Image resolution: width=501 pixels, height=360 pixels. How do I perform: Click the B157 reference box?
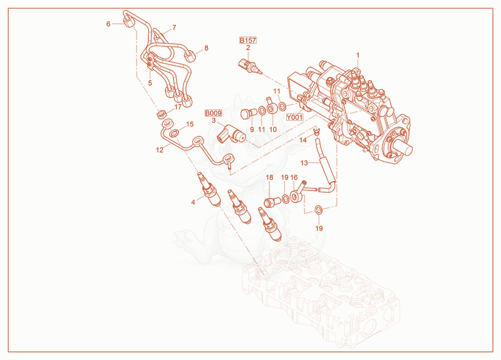click(x=248, y=40)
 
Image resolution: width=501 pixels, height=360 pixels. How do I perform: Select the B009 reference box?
click(x=213, y=113)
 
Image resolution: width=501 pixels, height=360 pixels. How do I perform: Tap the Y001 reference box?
click(x=294, y=117)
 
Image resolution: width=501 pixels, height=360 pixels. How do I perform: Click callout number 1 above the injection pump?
click(x=358, y=55)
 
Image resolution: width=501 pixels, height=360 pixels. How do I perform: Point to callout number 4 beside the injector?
click(x=193, y=202)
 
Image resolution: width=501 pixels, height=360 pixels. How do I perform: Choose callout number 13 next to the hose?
click(x=304, y=163)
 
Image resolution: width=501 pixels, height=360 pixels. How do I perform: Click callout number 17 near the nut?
click(x=178, y=107)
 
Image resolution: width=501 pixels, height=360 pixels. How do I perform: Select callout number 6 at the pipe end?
click(x=108, y=24)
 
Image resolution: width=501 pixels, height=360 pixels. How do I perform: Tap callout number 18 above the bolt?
click(x=270, y=177)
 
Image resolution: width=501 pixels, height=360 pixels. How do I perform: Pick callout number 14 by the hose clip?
click(x=303, y=140)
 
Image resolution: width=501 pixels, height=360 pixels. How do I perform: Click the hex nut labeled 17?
click(x=161, y=114)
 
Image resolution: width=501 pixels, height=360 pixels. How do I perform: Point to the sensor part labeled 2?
click(x=250, y=66)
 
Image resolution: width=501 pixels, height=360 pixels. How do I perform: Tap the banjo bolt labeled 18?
click(x=272, y=202)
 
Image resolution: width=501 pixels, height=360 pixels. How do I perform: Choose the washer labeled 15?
click(x=174, y=133)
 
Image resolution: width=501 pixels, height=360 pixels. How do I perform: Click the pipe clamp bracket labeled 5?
click(x=150, y=61)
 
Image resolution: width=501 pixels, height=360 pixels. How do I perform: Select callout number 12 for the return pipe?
click(x=160, y=150)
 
